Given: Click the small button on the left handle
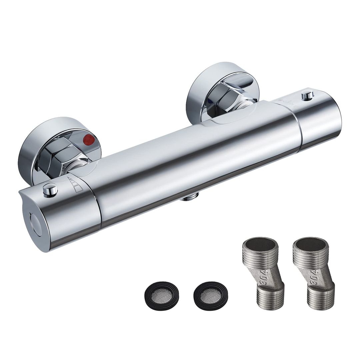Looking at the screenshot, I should (x=50, y=190).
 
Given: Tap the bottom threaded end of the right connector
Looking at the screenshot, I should (x=320, y=298).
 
